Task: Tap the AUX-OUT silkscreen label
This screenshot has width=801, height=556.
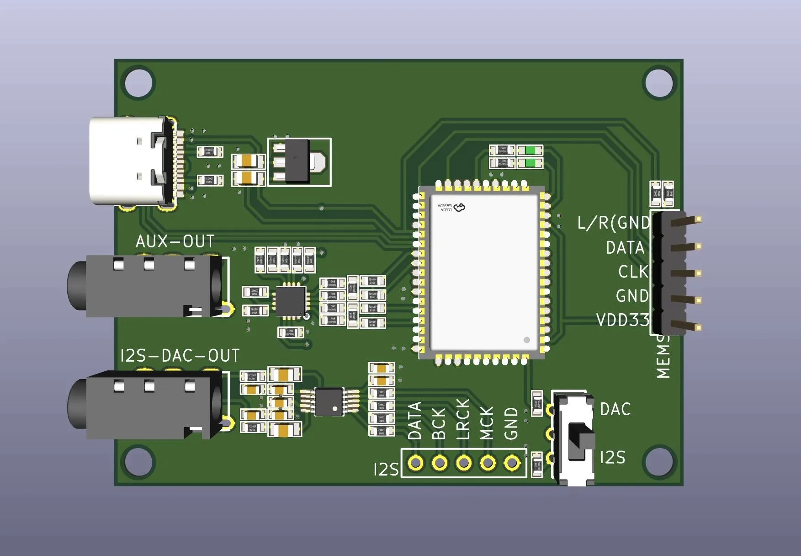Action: [175, 241]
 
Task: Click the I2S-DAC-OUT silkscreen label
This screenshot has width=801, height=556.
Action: [180, 356]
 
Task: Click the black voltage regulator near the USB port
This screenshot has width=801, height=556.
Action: [297, 161]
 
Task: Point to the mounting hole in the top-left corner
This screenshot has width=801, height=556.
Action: [138, 83]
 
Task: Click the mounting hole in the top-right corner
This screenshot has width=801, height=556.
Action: [659, 83]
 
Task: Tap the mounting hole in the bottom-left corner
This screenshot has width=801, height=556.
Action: [138, 462]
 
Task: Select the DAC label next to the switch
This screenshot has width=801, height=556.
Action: [615, 409]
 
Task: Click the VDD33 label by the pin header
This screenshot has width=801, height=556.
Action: [623, 320]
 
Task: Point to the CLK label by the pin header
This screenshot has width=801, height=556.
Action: [633, 272]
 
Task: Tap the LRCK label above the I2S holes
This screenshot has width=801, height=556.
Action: [463, 419]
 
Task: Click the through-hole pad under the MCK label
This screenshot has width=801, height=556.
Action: [488, 463]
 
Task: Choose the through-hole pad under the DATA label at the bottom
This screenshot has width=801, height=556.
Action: [415, 463]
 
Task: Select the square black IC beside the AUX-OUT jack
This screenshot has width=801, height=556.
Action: [290, 301]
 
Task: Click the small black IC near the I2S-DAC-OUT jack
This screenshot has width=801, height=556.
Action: [329, 402]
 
